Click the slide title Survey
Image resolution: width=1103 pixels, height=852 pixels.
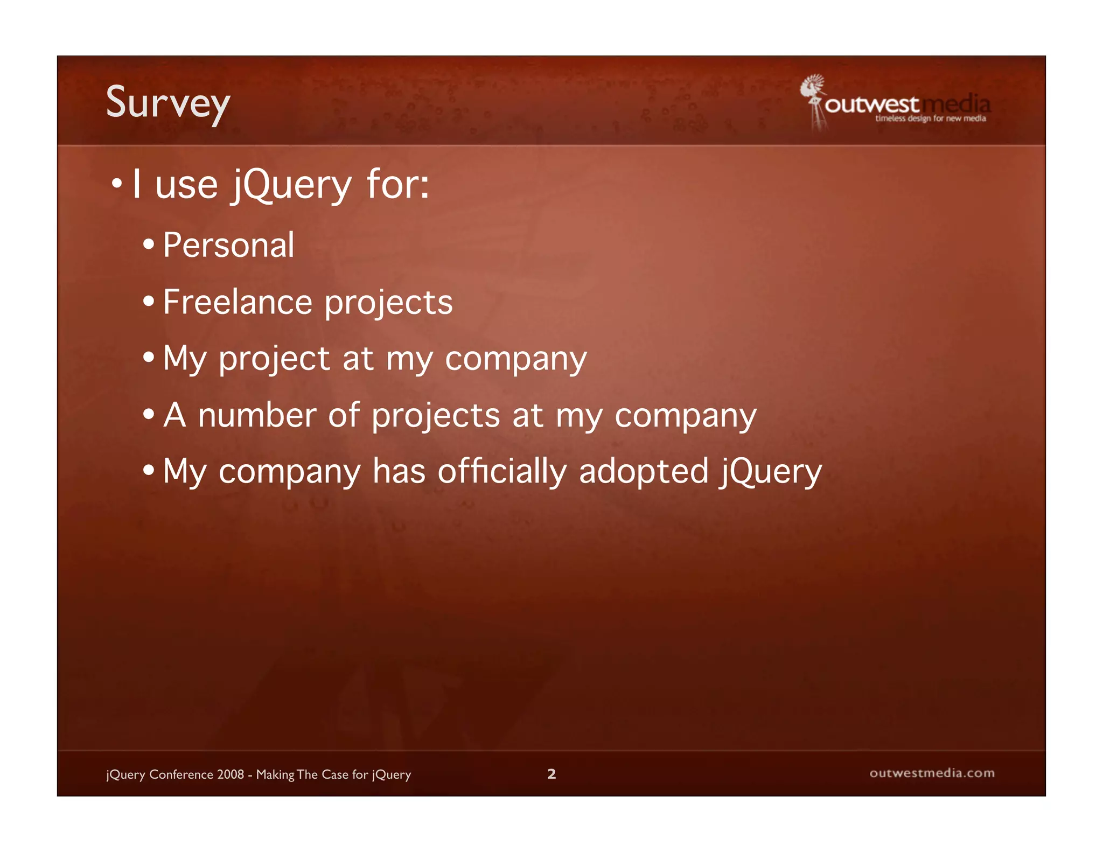(x=168, y=103)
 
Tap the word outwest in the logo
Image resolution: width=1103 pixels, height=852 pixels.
(x=871, y=104)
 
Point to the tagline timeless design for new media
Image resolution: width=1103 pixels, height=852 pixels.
(x=930, y=118)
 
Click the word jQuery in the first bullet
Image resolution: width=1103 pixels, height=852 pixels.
(x=292, y=185)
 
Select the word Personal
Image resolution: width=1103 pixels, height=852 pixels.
(x=229, y=246)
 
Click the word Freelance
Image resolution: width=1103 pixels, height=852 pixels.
(x=238, y=302)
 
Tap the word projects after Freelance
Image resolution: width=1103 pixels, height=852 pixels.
(x=389, y=303)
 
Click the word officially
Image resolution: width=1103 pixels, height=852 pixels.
(x=502, y=472)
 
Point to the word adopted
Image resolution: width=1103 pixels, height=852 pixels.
(x=644, y=472)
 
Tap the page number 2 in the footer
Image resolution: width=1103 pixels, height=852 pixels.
(x=551, y=774)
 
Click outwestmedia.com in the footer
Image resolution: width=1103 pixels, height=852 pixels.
(x=932, y=773)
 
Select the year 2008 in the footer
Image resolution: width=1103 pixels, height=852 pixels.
(x=231, y=774)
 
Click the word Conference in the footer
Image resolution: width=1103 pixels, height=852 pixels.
(x=181, y=774)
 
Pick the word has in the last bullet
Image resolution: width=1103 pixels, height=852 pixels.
(x=399, y=472)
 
